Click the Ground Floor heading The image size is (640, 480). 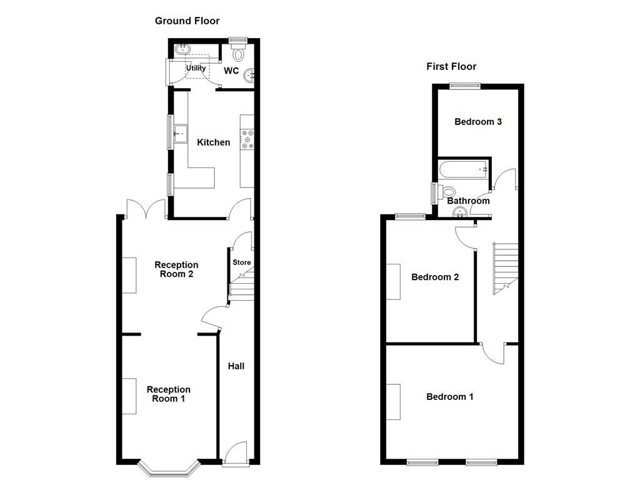(x=187, y=21)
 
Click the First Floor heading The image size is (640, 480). (x=451, y=66)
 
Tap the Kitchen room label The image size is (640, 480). (x=214, y=142)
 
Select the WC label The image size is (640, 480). (x=231, y=71)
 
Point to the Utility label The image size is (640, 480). (x=196, y=68)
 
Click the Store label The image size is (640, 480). (x=242, y=262)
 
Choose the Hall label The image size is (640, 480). (x=236, y=366)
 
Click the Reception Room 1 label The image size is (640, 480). (x=168, y=394)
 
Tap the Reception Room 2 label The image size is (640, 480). (x=176, y=269)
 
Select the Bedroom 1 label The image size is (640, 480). (x=449, y=396)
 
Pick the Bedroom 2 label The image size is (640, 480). (x=435, y=277)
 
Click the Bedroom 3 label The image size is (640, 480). (x=478, y=122)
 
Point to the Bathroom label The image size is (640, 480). (x=468, y=201)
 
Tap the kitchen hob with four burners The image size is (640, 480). (x=247, y=139)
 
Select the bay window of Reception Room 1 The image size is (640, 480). (x=164, y=467)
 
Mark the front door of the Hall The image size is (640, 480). (x=236, y=455)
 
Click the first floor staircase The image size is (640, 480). (x=506, y=268)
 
